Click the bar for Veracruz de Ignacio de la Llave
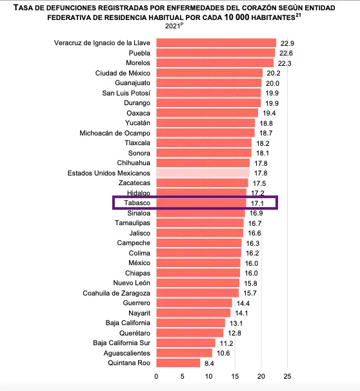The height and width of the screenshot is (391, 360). [216, 43]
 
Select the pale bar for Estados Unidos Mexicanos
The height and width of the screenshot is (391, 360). [203, 173]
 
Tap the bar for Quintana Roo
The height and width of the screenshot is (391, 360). [178, 363]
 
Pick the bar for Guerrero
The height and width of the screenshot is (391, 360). [194, 303]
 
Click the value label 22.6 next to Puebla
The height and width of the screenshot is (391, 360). [286, 53]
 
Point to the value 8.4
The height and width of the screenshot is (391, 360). [209, 363]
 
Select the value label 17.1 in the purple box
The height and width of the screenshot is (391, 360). [257, 203]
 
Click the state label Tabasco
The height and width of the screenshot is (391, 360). [137, 203]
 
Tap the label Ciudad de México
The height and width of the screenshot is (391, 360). [123, 73]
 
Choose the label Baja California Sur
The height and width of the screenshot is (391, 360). [122, 343]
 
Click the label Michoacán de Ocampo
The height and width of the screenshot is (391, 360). [115, 133]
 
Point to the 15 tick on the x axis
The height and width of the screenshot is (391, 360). [235, 376]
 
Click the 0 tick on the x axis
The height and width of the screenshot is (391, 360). [156, 376]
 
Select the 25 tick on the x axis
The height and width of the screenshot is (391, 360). [287, 376]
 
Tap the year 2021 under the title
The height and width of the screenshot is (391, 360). [172, 26]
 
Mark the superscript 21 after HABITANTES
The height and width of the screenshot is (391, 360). [298, 15]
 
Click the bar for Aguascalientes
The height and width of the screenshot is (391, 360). [185, 353]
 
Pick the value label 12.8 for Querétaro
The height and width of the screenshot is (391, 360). [234, 333]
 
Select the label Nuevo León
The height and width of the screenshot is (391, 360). [132, 283]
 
